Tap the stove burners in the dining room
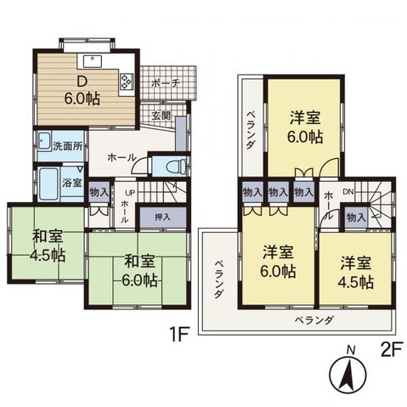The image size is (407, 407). pyautogui.click(x=126, y=82)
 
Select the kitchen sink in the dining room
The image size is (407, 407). pyautogui.click(x=92, y=59)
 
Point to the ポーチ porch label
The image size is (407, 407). pyautogui.click(x=163, y=83)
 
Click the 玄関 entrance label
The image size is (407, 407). pyautogui.click(x=161, y=116)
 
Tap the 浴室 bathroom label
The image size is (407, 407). pyautogui.click(x=71, y=182)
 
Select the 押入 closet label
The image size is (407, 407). pyautogui.click(x=161, y=218)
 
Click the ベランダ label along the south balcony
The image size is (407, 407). pyautogui.click(x=314, y=320)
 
